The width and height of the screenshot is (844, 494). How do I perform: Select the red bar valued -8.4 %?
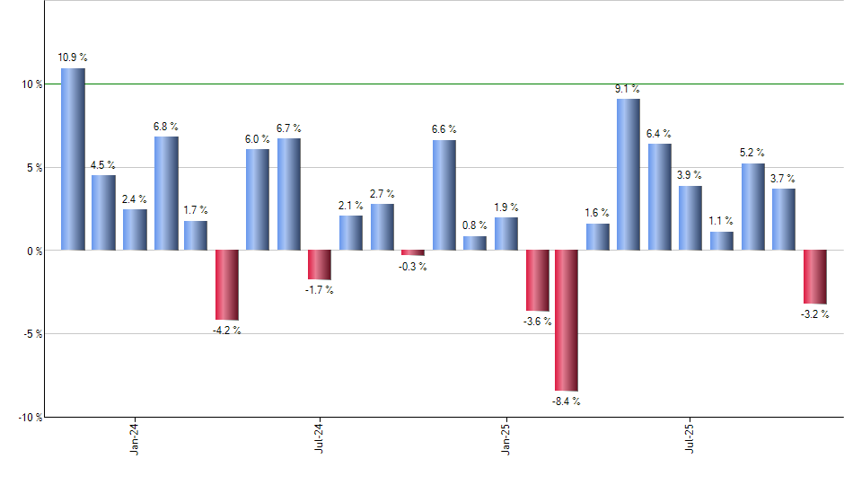click(x=567, y=321)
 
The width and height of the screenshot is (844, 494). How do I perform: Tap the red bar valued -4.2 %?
click(x=226, y=285)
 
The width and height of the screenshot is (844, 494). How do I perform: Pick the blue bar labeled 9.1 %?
click(x=629, y=174)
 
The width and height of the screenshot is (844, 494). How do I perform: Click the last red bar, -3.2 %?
click(x=814, y=277)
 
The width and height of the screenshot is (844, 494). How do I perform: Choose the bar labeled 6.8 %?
click(x=166, y=193)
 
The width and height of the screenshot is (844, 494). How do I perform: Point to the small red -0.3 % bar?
click(x=413, y=252)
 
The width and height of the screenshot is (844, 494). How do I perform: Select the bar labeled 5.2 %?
click(x=752, y=207)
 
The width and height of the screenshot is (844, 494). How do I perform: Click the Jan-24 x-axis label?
click(x=135, y=438)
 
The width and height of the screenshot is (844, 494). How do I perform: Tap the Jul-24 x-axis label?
click(x=320, y=438)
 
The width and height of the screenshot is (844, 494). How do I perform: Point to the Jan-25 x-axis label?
click(x=506, y=438)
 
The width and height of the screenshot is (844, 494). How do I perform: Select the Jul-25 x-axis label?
click(x=690, y=438)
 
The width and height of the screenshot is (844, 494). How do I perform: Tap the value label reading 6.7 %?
click(x=289, y=128)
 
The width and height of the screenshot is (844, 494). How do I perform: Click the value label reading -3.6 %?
click(x=536, y=322)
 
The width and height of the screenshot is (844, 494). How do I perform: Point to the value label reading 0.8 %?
click(x=475, y=225)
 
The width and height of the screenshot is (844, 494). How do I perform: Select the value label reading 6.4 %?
click(x=659, y=134)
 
